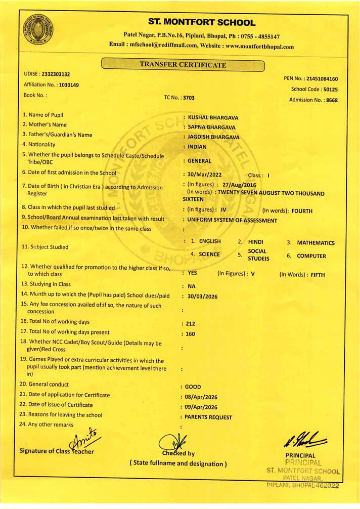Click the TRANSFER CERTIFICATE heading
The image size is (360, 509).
pyautogui.click(x=183, y=65)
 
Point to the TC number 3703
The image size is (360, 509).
pyautogui.click(x=188, y=98)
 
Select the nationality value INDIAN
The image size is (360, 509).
pyautogui.click(x=197, y=147)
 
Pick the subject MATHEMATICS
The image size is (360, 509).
pyautogui.click(x=316, y=243)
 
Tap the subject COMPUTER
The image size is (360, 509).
pyautogui.click(x=311, y=256)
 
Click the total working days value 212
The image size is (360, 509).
pyautogui.click(x=191, y=323)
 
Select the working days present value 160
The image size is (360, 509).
pyautogui.click(x=191, y=334)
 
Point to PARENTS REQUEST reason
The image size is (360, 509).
pyautogui.click(x=208, y=417)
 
